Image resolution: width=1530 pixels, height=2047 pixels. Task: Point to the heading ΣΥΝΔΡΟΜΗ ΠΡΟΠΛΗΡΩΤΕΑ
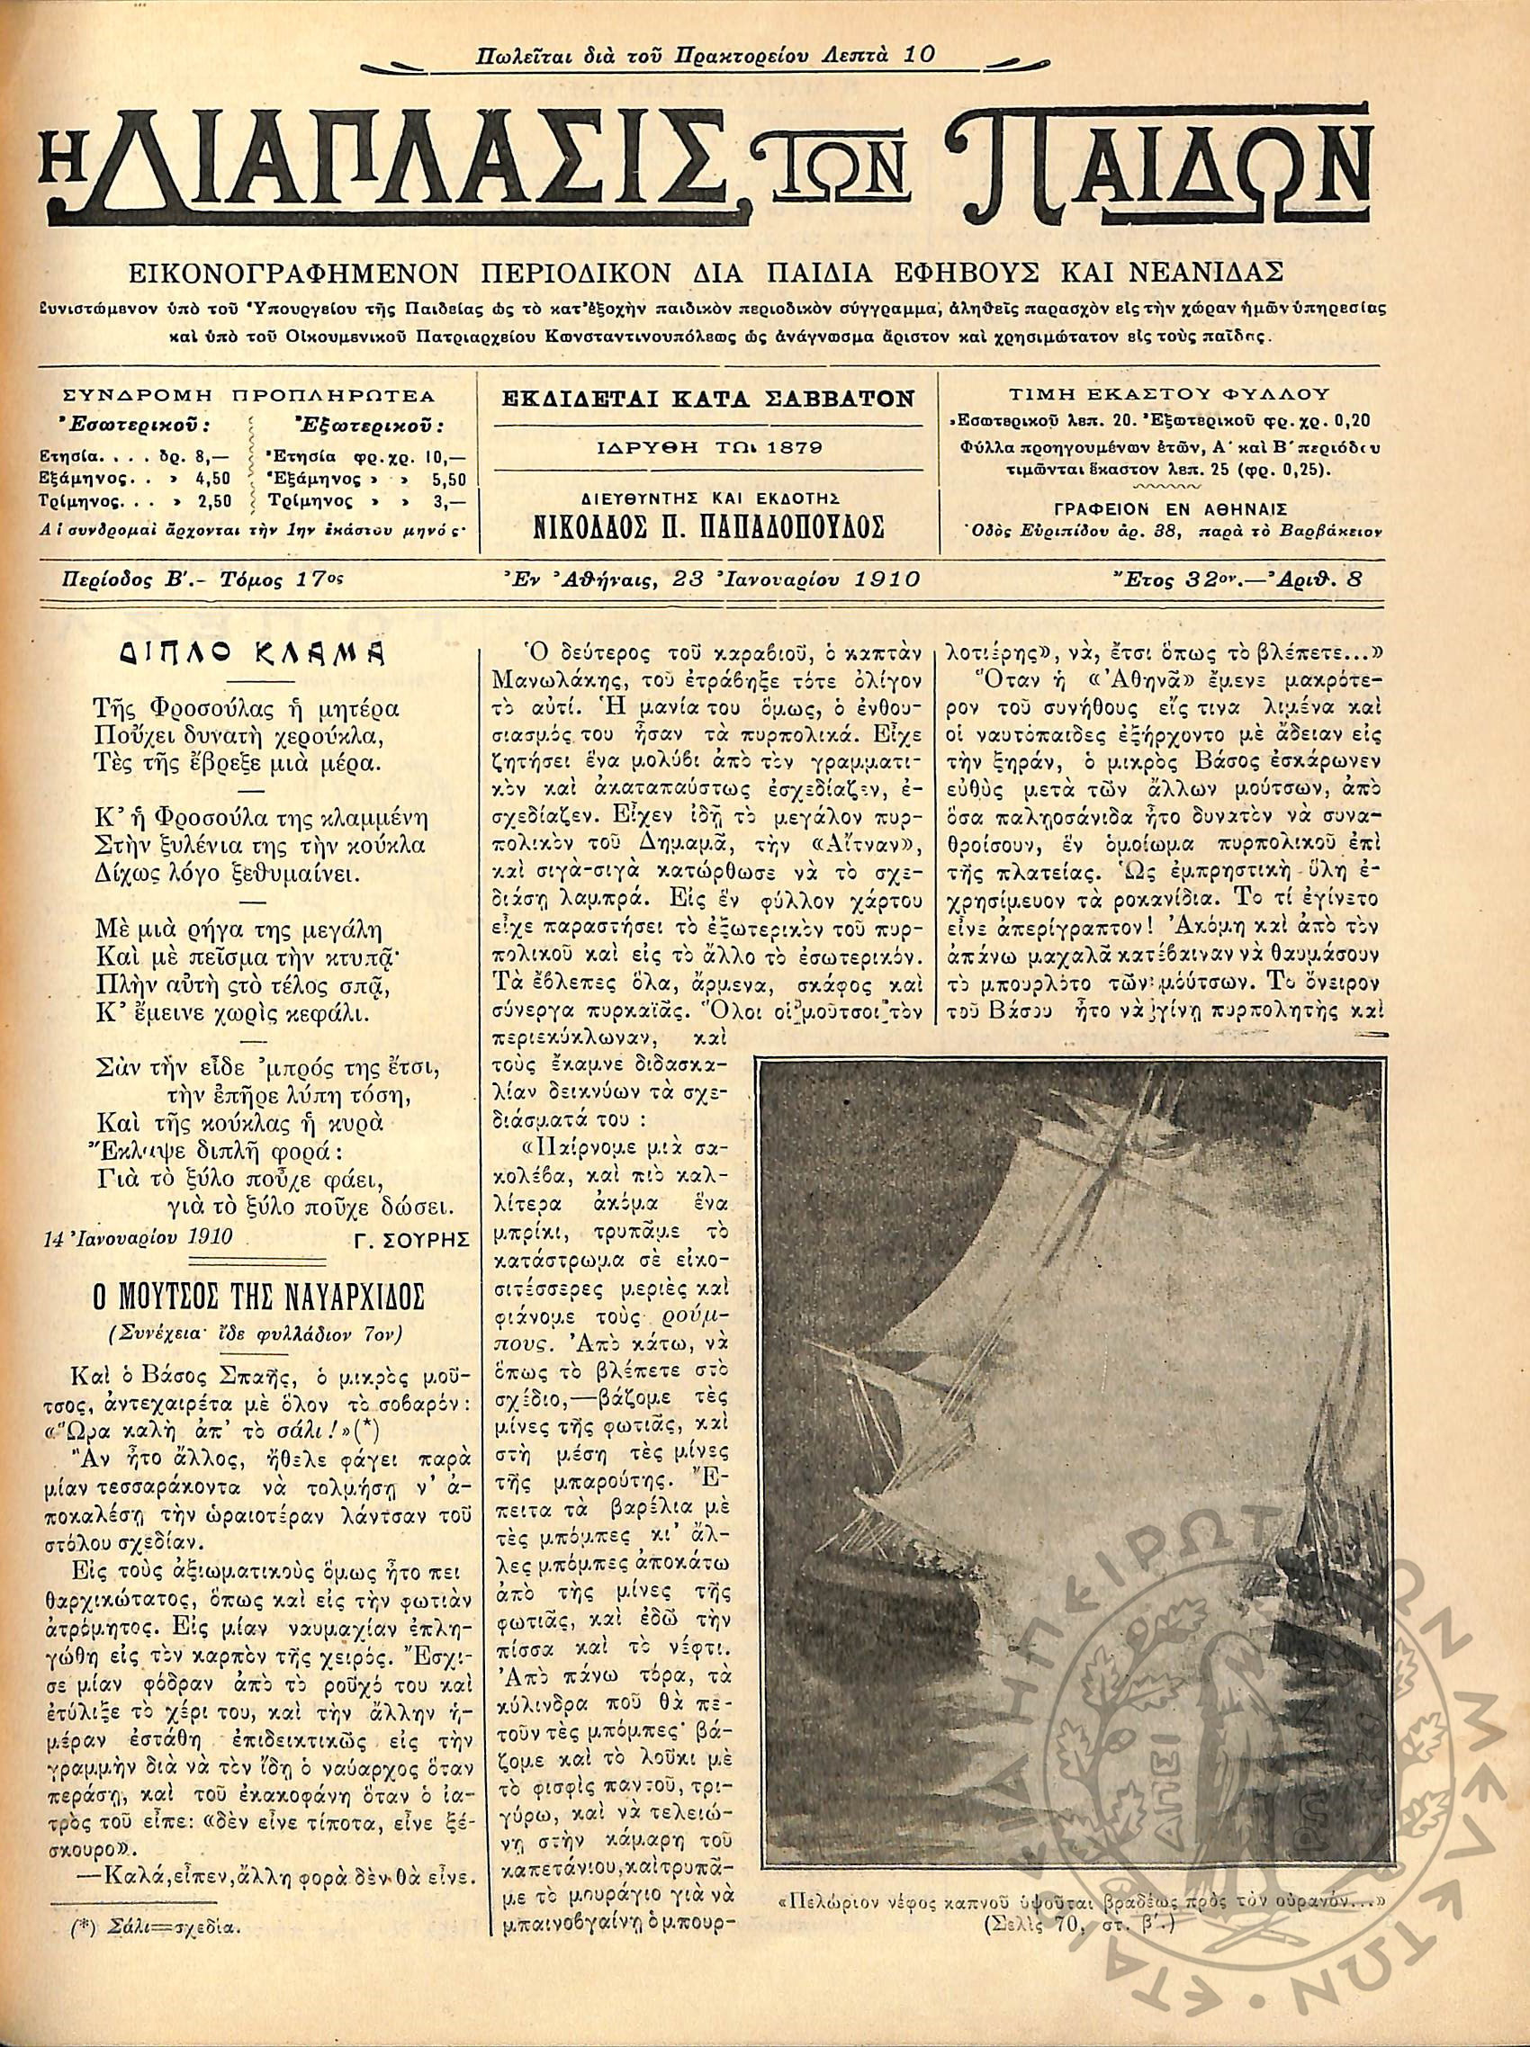coord(249,396)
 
